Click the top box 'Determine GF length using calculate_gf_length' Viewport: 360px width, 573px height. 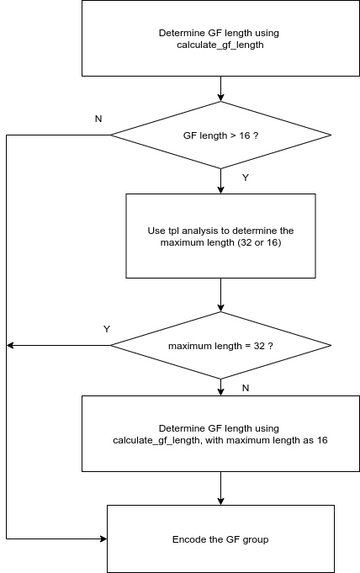click(220, 39)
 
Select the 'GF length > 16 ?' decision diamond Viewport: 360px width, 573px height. click(220, 135)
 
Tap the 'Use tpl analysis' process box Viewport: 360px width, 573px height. click(220, 236)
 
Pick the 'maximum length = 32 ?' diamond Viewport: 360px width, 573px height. click(220, 346)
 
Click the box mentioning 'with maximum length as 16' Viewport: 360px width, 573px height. click(220, 434)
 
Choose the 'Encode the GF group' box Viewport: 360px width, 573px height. click(220, 539)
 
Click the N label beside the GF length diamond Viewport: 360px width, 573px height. click(98, 119)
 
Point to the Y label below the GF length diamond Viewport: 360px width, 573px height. click(245, 178)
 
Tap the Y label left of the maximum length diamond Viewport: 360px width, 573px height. click(107, 328)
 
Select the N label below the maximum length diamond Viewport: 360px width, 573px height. click(245, 388)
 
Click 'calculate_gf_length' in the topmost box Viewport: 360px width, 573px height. click(220, 45)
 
